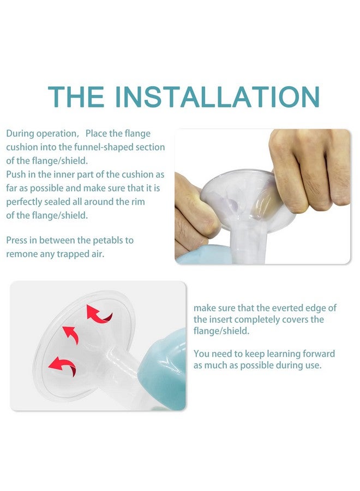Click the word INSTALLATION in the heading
217,96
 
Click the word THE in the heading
76,96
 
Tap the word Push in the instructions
16,175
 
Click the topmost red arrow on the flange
98,314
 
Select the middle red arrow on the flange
71,334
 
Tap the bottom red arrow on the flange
63,366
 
